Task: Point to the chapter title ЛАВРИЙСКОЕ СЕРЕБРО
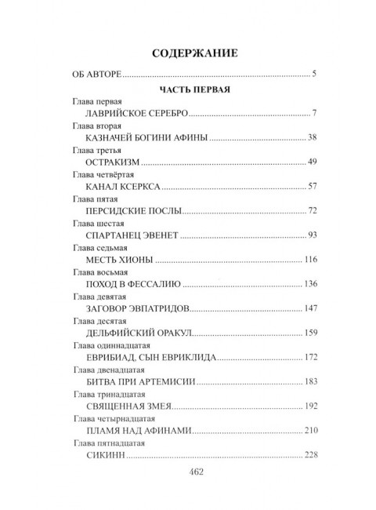pyautogui.click(x=134, y=115)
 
